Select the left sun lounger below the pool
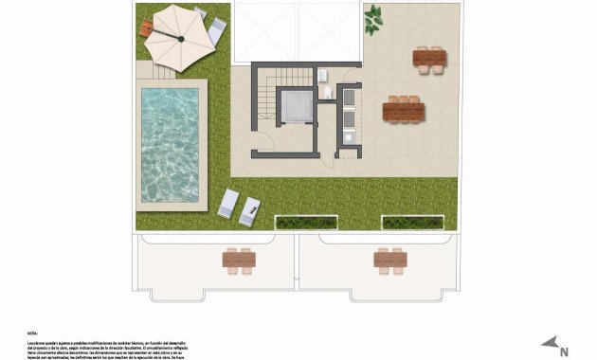[228, 203]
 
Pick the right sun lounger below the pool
[250, 209]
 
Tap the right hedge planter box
[412, 223]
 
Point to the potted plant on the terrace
[374, 16]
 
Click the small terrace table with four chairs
[429, 59]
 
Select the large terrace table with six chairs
[404, 111]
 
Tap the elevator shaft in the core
[298, 107]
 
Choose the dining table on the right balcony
[389, 259]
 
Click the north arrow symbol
[549, 344]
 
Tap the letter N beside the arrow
[564, 351]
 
